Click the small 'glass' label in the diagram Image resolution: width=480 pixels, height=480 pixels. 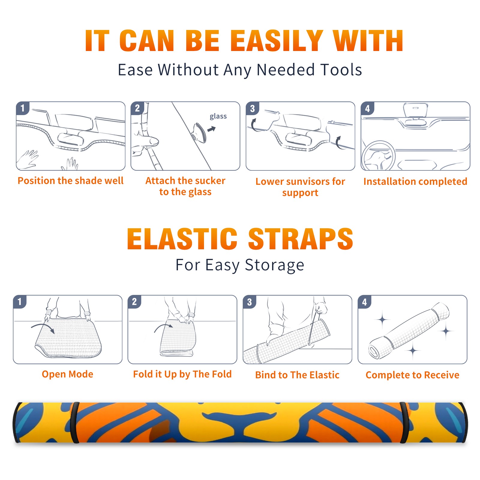pos(218,116)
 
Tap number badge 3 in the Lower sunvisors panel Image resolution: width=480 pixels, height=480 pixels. pos(252,108)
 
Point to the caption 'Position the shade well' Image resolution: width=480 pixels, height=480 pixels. pos(70,181)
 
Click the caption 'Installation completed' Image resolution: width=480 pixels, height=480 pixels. pos(415,181)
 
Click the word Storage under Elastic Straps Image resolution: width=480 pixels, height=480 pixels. pos(274,265)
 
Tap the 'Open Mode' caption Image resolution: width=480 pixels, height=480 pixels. pos(67,374)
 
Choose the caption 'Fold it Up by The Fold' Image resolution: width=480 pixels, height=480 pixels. pos(182,374)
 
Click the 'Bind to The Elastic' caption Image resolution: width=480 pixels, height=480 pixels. pos(297,375)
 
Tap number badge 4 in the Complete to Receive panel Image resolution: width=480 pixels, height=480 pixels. pos(364,302)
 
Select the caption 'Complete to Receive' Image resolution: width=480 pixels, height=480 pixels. pos(412,375)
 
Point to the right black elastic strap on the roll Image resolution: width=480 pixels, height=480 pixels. pos(404,422)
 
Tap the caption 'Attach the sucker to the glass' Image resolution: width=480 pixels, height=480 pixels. pos(185,186)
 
